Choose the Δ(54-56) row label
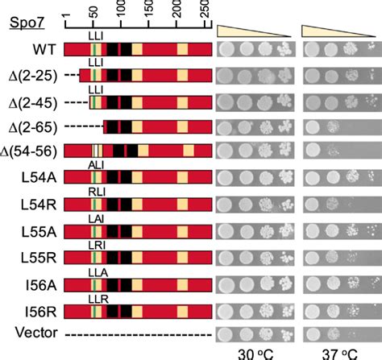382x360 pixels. click(x=31, y=153)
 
